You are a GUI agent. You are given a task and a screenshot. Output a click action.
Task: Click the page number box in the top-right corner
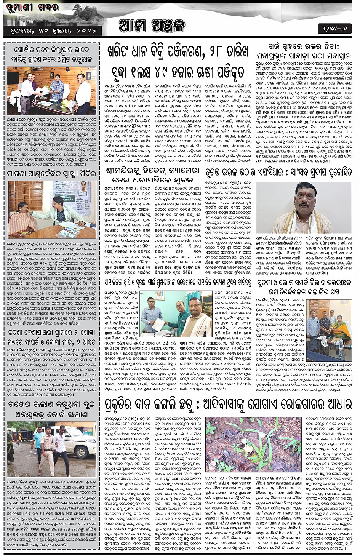[x=334, y=29]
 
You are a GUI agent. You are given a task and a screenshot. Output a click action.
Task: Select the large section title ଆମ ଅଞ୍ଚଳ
[x=152, y=26]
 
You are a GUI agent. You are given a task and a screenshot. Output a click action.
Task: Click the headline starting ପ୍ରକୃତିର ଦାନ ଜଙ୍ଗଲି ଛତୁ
[x=228, y=405]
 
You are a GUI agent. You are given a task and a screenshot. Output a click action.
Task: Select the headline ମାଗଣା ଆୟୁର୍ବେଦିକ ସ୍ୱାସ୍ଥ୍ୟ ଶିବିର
[x=51, y=174]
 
